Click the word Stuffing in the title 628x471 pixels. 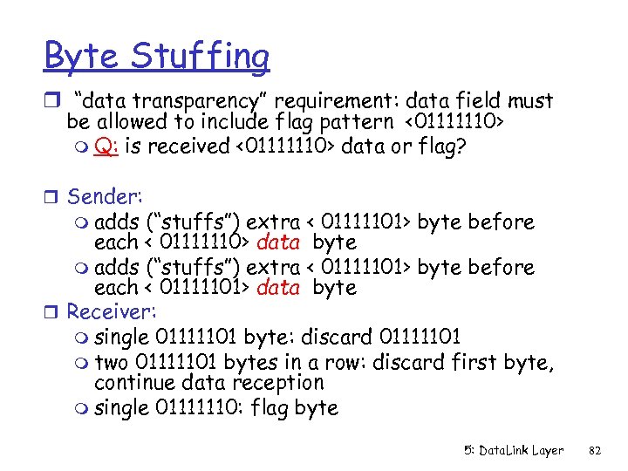[201, 57]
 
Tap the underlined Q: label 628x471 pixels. [107, 146]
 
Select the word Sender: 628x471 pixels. [103, 197]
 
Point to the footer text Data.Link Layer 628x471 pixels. [514, 451]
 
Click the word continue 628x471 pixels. [131, 382]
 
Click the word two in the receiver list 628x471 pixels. [110, 360]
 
